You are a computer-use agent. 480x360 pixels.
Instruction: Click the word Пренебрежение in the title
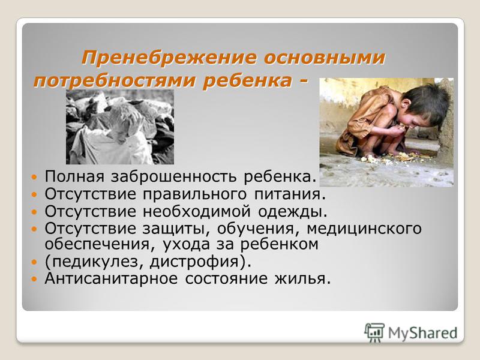pos(169,57)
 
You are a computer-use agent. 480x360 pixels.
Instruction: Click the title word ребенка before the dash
pos(247,81)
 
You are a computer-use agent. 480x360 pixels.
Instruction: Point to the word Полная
pos(74,176)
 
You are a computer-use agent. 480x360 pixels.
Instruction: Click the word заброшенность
pos(173,176)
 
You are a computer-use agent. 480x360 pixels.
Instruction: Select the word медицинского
pos(364,229)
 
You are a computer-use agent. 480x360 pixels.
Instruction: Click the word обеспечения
pos(101,244)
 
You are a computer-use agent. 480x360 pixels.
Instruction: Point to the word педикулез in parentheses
pos(97,262)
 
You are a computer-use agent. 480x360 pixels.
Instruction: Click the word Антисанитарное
pos(111,278)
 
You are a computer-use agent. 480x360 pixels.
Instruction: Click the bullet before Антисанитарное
pos(34,279)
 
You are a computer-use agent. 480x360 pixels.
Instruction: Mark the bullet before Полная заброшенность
pos(34,177)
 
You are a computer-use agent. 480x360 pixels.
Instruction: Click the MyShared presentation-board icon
pos(374,332)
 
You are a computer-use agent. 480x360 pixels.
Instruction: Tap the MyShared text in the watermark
pos(423,333)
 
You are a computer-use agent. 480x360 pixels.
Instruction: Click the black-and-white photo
pos(120,127)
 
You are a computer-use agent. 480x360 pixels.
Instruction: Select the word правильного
pos(194,194)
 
